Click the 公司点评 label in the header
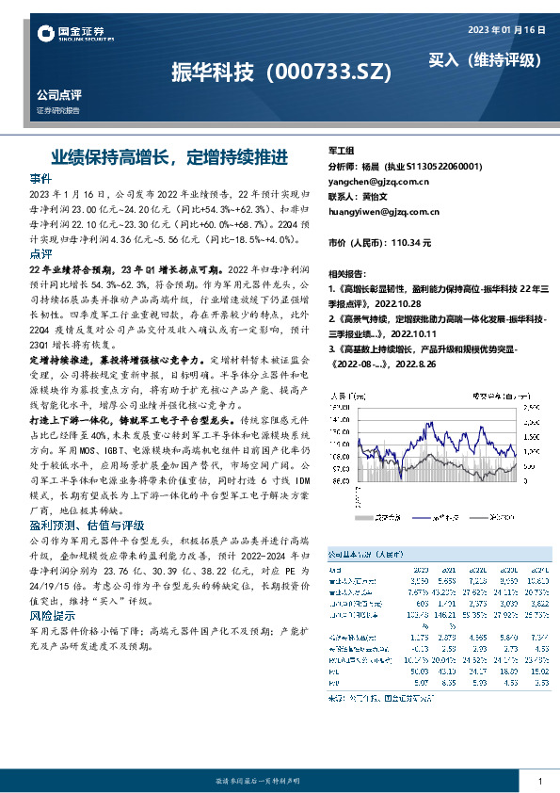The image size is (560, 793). click(59, 95)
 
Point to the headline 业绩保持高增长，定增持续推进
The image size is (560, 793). click(169, 154)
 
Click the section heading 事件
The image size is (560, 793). click(41, 178)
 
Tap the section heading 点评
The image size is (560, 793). click(41, 254)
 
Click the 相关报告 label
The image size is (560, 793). click(346, 270)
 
